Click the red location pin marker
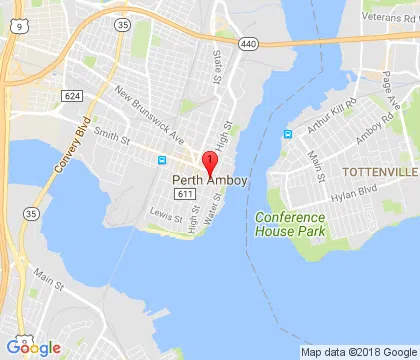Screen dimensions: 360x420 (209, 163)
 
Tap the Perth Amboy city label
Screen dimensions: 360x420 (210, 181)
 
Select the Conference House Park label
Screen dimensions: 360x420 (289, 225)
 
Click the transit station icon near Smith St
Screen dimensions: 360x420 (162, 160)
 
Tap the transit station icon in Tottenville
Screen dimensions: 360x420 (288, 134)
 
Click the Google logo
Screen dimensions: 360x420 (32, 347)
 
